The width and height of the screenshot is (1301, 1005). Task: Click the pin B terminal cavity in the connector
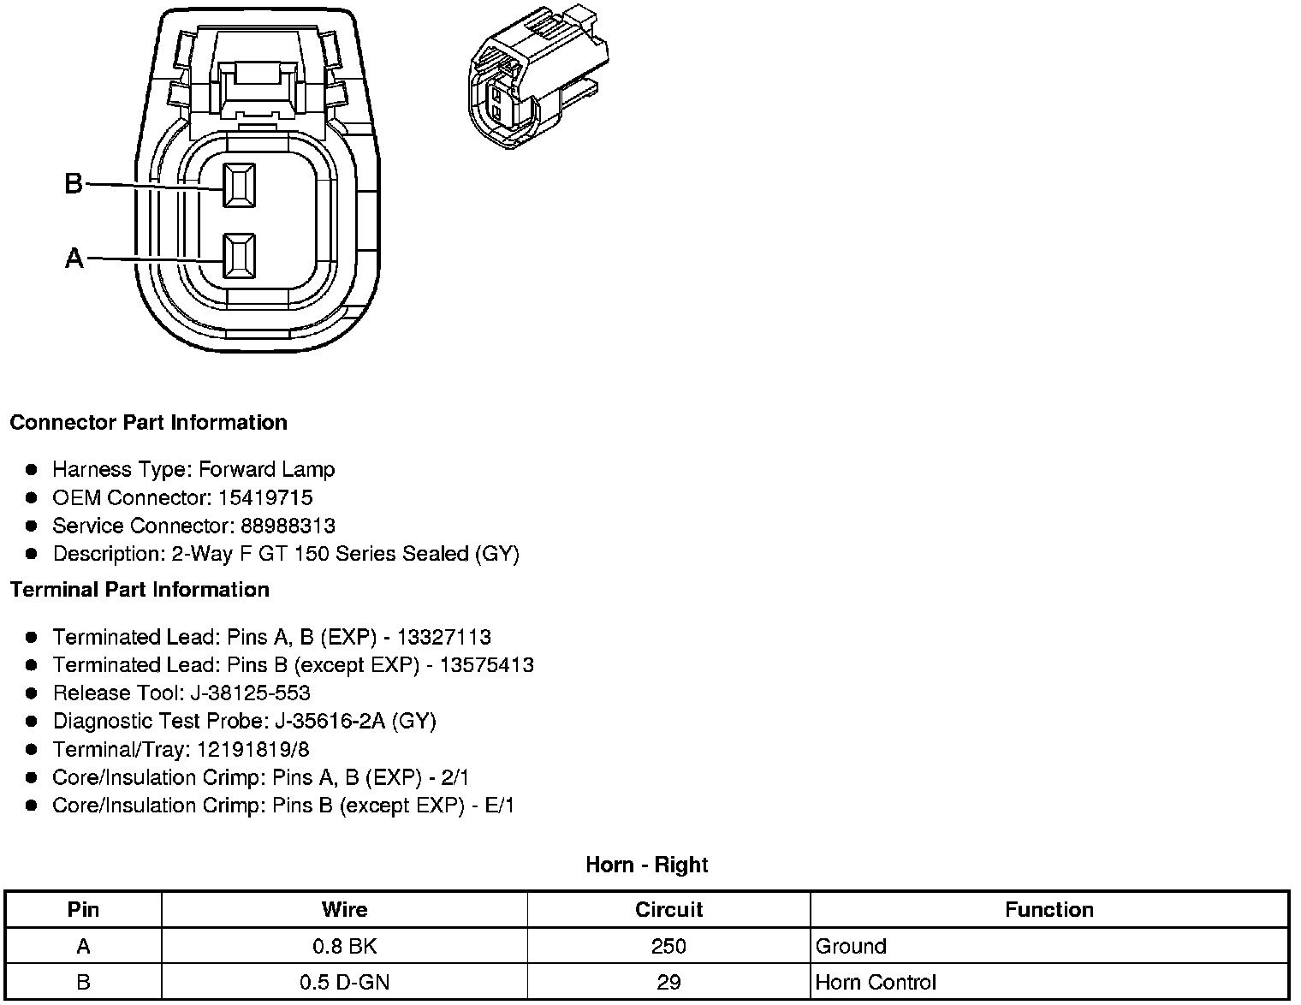coord(239,184)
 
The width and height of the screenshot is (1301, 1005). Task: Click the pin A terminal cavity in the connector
coord(239,256)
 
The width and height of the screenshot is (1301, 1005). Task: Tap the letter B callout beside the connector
coord(74,183)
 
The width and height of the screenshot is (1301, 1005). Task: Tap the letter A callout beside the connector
coord(74,258)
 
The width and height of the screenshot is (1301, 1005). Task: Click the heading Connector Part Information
coord(148,423)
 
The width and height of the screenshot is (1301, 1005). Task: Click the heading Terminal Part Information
coord(140,590)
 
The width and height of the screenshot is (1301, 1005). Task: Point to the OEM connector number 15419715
coord(265,498)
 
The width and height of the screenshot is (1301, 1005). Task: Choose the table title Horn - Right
coord(646,865)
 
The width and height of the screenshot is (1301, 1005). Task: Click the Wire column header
coord(344,910)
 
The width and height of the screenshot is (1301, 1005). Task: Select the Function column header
coord(1049,910)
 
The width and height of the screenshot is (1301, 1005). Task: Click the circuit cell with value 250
coord(668,947)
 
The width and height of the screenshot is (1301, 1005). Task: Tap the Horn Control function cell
coord(876,983)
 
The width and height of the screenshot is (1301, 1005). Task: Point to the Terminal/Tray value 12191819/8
coord(253,750)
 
